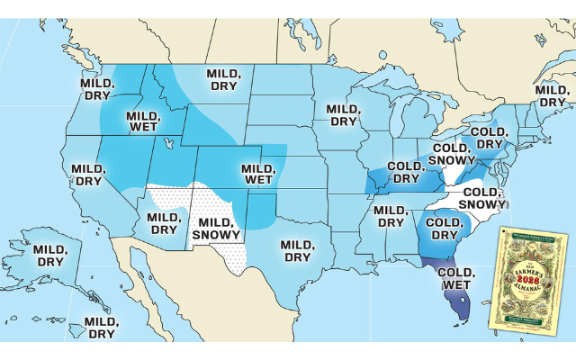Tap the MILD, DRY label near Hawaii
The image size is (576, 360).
coord(99,327)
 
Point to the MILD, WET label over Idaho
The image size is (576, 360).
coord(142,121)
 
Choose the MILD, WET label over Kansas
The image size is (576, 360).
coord(257,174)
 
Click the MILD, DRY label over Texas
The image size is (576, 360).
coord(297,250)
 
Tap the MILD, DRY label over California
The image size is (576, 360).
coord(88,174)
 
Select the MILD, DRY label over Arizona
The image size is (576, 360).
coord(164,222)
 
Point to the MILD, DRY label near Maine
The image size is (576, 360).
coord(551,95)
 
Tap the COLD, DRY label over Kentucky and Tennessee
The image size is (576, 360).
coord(404,172)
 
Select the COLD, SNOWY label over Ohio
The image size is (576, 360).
coord(451,154)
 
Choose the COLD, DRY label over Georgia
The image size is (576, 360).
coord(443,229)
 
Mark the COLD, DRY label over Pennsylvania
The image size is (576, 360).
coord(490,138)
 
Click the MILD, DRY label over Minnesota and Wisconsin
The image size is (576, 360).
coord(343,114)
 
